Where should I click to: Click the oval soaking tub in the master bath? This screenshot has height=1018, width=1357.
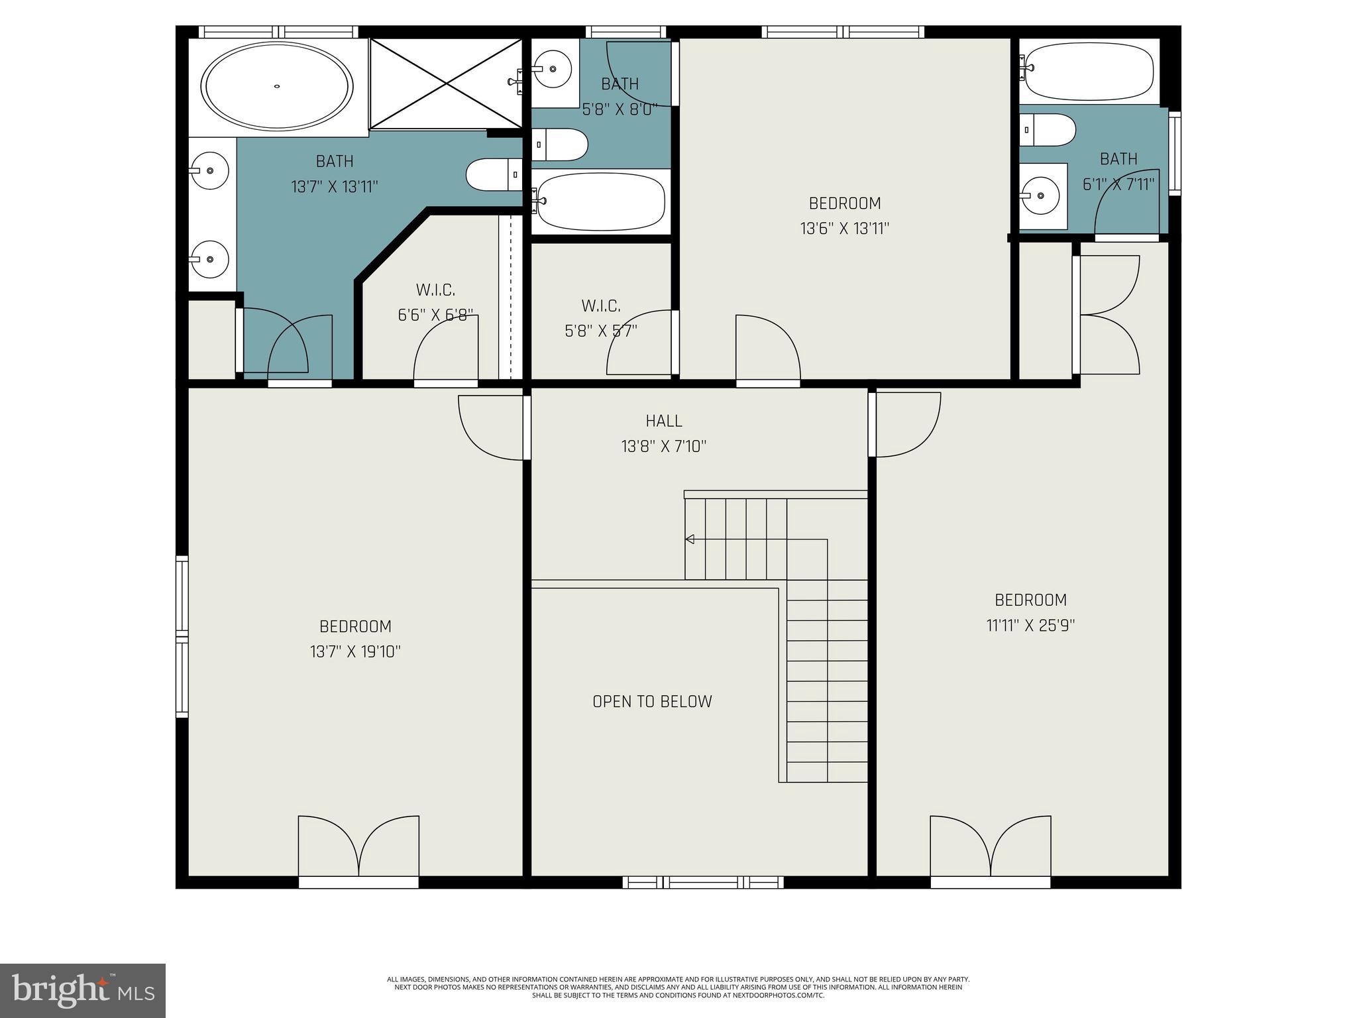pyautogui.click(x=277, y=86)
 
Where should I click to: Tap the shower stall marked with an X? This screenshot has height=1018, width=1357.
pyautogui.click(x=446, y=84)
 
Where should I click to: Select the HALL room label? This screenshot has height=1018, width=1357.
pyautogui.click(x=664, y=421)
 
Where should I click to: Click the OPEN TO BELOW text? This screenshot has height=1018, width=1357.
pyautogui.click(x=652, y=702)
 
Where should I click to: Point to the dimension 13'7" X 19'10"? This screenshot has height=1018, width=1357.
pyautogui.click(x=355, y=652)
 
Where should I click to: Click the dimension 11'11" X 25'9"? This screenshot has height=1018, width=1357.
pyautogui.click(x=1030, y=626)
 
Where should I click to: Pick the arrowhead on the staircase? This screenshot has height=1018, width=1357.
pyautogui.click(x=690, y=539)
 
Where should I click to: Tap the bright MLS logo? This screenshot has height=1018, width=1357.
pyautogui.click(x=83, y=990)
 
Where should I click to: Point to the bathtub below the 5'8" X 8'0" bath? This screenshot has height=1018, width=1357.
pyautogui.click(x=600, y=200)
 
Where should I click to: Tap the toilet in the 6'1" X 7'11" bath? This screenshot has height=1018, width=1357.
pyautogui.click(x=1048, y=130)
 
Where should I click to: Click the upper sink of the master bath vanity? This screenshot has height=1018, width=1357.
pyautogui.click(x=209, y=170)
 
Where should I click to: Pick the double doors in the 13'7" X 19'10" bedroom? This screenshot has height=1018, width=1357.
pyautogui.click(x=358, y=848)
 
